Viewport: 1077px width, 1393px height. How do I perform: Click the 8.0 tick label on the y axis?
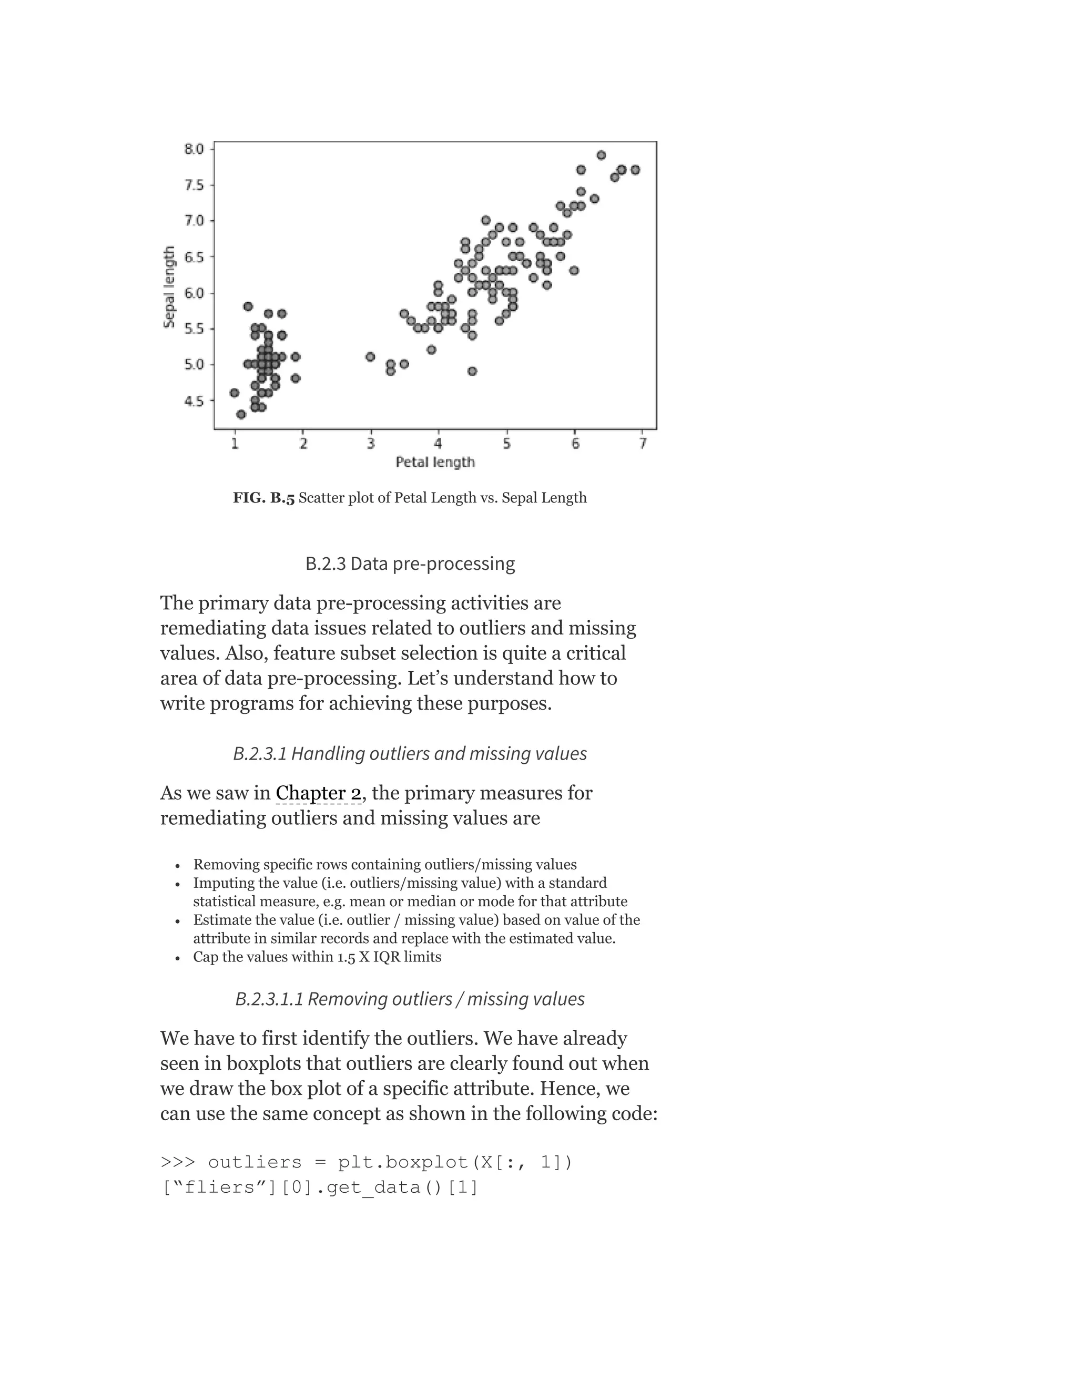point(194,149)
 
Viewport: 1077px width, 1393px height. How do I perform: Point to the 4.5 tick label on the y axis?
point(194,401)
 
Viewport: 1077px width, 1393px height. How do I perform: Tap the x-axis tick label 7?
point(643,444)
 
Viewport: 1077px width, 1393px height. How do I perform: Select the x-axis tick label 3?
point(371,444)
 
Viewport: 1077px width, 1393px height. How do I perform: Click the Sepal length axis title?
point(169,287)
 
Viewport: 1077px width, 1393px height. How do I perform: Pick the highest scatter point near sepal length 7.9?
point(601,156)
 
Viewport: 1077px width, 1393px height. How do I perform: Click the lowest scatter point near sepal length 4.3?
point(240,415)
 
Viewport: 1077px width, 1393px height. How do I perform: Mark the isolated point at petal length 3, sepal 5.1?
point(370,356)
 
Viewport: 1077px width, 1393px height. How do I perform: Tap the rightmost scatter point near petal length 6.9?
point(635,170)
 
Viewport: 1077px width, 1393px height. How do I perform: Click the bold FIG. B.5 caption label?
point(263,498)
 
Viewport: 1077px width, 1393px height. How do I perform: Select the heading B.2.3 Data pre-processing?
point(410,564)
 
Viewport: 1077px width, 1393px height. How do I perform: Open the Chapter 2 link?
point(318,793)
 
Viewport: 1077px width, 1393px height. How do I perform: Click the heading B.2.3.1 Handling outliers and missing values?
point(410,754)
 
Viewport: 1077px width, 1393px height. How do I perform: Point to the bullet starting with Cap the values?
point(317,957)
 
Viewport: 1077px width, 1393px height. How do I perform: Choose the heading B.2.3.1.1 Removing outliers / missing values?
point(410,999)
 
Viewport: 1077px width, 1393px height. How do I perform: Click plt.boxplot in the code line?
point(403,1162)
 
